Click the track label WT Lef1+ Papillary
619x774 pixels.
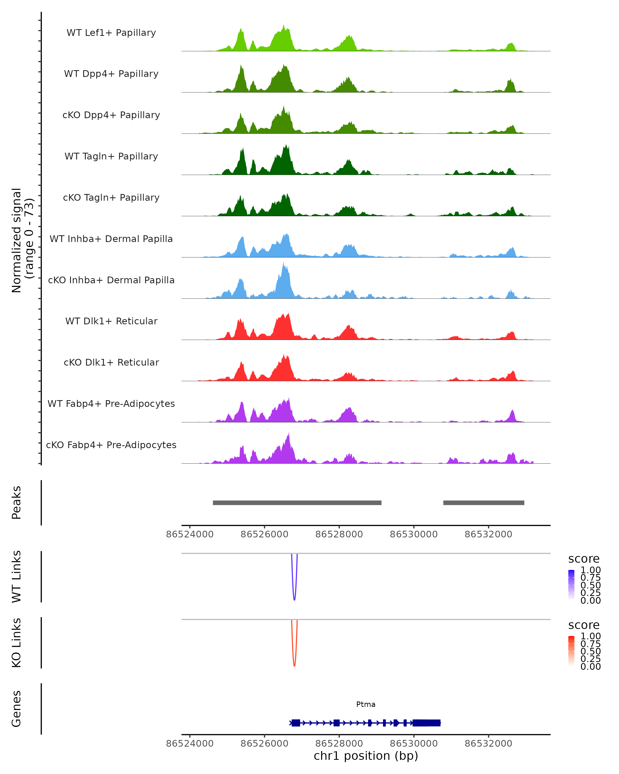(x=111, y=33)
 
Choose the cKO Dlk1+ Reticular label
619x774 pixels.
(x=111, y=362)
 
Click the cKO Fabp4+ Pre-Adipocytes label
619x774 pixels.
(x=111, y=445)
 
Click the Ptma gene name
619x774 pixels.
(x=366, y=704)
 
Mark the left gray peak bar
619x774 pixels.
(x=297, y=503)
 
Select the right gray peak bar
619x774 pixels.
(x=483, y=503)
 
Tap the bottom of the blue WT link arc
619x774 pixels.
(x=294, y=600)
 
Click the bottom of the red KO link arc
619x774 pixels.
(x=294, y=666)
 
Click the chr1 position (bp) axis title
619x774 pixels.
(x=366, y=756)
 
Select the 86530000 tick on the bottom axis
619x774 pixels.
(x=414, y=744)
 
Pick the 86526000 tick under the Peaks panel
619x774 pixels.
(x=264, y=534)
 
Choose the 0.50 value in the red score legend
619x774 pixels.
(x=590, y=651)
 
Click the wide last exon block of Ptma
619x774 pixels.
(x=426, y=723)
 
